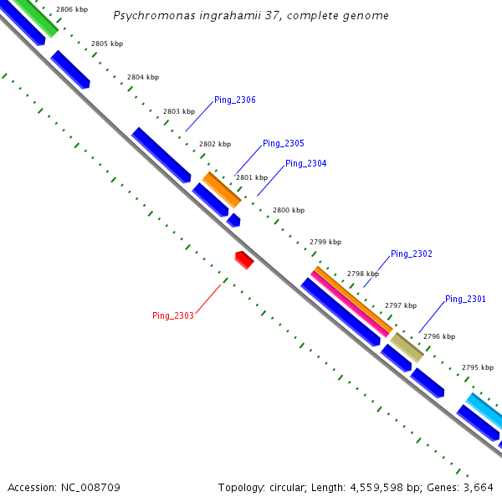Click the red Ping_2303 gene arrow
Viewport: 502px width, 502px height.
pyautogui.click(x=243, y=259)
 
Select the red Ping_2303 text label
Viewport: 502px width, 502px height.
pyautogui.click(x=173, y=315)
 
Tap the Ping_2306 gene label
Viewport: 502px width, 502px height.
pyautogui.click(x=235, y=100)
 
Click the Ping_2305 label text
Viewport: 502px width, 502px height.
pyautogui.click(x=284, y=144)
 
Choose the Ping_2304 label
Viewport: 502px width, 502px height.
pyautogui.click(x=306, y=164)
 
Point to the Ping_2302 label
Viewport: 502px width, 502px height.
pyautogui.click(x=412, y=254)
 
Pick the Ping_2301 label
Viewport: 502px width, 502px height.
pyautogui.click(x=465, y=300)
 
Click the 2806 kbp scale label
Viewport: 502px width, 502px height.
pyautogui.click(x=71, y=10)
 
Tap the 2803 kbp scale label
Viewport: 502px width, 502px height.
pyautogui.click(x=179, y=111)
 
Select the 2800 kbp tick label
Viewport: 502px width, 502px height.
pyautogui.click(x=289, y=210)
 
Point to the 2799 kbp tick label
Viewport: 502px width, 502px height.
pyautogui.click(x=325, y=242)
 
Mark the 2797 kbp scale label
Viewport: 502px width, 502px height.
pyautogui.click(x=401, y=305)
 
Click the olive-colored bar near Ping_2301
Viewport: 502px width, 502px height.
pyautogui.click(x=407, y=347)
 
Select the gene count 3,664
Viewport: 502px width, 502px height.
pyautogui.click(x=479, y=487)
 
